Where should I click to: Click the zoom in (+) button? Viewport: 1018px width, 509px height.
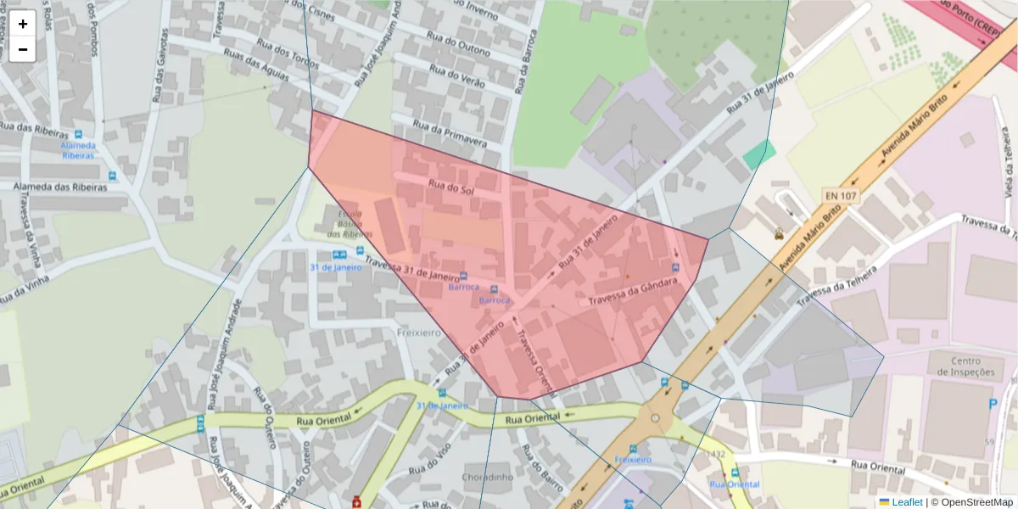[23, 24]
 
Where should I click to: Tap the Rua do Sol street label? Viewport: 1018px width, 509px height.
[450, 187]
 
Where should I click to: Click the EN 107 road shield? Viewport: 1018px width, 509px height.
[840, 196]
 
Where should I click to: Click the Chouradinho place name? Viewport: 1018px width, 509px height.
[488, 477]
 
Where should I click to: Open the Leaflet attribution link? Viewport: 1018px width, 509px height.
[906, 501]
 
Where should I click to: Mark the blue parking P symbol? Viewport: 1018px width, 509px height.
[993, 404]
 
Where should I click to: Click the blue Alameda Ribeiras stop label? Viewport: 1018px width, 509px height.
[78, 150]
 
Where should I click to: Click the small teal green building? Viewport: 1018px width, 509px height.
[758, 154]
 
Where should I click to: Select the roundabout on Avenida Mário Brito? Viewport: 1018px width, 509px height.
[654, 418]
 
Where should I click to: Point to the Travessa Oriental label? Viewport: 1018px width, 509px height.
[534, 357]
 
